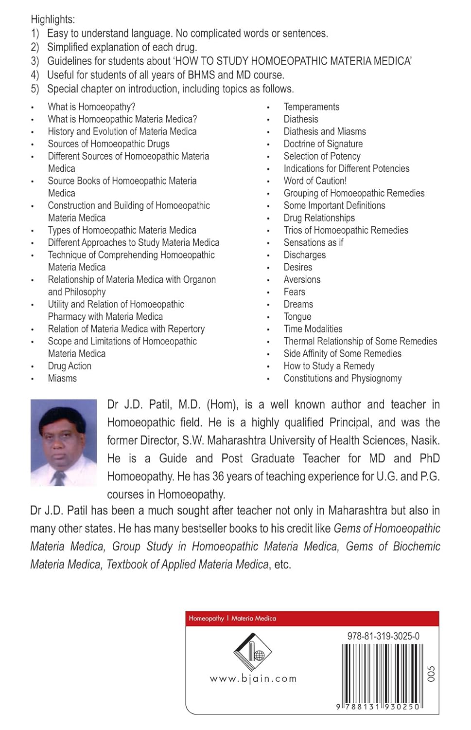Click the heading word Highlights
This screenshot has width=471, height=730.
pyautogui.click(x=52, y=19)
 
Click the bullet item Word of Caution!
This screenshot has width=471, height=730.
pyautogui.click(x=315, y=181)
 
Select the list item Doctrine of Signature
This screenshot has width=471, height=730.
pyautogui.click(x=323, y=144)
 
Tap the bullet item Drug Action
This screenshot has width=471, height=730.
pyautogui.click(x=69, y=366)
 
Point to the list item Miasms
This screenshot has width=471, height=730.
pyautogui.click(x=62, y=378)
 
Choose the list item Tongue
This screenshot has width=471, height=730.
pyautogui.click(x=297, y=316)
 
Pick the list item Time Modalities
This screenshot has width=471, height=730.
pyautogui.click(x=313, y=328)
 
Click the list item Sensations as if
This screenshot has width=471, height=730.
pyautogui.click(x=313, y=242)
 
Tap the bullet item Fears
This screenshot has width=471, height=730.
pyautogui.click(x=294, y=292)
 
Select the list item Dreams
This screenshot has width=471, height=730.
pyautogui.click(x=298, y=304)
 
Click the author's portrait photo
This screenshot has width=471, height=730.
pyautogui.click(x=64, y=442)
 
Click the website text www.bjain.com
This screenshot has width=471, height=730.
pyautogui.click(x=253, y=678)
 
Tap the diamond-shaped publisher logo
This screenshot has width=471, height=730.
pyautogui.click(x=253, y=652)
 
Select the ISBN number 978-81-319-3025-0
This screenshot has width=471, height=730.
pyautogui.click(x=383, y=636)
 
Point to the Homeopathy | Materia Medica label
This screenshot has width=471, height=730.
pyautogui.click(x=232, y=618)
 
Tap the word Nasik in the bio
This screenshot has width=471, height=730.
pyautogui.click(x=424, y=440)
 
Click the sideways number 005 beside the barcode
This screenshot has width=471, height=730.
pyautogui.click(x=431, y=674)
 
